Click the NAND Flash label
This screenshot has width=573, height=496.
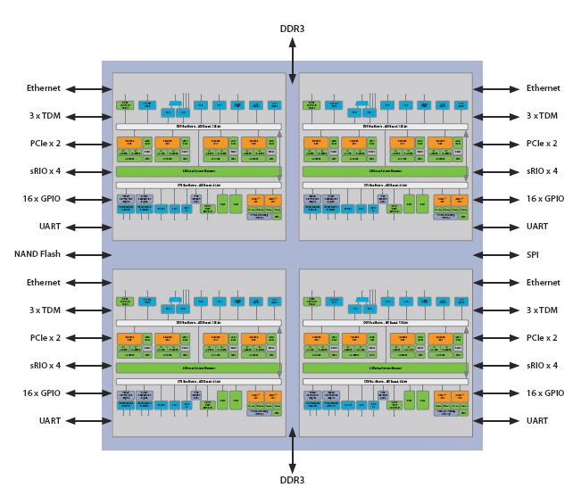coord(37,254)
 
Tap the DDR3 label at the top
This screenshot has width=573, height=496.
coord(292,29)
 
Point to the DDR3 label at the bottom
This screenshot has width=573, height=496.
coord(292,480)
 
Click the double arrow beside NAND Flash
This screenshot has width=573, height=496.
coord(83,254)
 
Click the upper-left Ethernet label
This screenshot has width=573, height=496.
coord(43,88)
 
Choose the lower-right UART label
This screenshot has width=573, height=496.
coord(536,420)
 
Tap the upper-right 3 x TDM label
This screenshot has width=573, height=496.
coord(541,116)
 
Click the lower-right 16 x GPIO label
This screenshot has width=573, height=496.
coord(544,393)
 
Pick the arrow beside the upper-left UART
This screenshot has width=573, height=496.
coord(83,227)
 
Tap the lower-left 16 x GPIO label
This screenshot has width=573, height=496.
coord(41,393)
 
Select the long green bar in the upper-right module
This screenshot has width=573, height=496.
coord(385,171)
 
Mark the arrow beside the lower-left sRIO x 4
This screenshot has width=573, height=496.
coord(83,366)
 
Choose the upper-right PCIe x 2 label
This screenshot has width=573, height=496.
coord(541,144)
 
